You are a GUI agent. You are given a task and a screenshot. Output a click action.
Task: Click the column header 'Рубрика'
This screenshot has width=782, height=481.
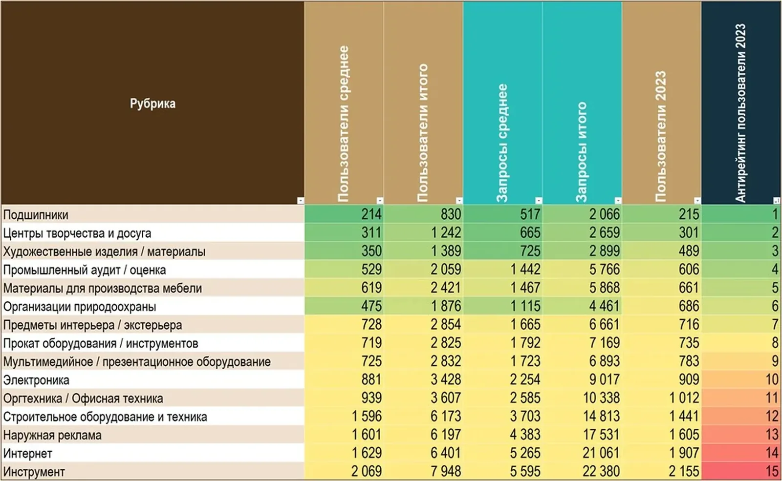(152, 104)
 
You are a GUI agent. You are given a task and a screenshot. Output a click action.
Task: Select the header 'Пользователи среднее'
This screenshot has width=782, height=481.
(344, 124)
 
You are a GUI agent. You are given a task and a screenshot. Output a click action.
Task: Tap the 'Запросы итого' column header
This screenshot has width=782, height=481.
(582, 152)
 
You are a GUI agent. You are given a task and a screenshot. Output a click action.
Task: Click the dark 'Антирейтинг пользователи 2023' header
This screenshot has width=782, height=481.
(740, 113)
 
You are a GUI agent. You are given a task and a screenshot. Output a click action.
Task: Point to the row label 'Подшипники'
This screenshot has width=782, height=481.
(36, 215)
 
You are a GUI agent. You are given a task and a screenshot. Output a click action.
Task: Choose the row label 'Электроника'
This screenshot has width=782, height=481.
(36, 380)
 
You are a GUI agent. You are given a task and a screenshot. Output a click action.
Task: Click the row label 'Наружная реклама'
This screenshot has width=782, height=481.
(52, 435)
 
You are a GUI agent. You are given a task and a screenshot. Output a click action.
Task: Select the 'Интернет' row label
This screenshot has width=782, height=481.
(27, 454)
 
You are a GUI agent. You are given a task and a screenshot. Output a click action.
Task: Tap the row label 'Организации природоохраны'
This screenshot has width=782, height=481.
(80, 307)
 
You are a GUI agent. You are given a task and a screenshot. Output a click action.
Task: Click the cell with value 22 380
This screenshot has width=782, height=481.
(601, 472)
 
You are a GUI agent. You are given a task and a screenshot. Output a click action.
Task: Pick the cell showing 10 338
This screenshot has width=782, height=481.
(601, 398)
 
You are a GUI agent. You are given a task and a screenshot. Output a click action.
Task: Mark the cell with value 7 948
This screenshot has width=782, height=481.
(446, 472)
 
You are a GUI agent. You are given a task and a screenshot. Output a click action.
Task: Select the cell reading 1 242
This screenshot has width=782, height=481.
(446, 232)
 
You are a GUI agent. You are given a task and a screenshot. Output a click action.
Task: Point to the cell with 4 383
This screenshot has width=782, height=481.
(525, 435)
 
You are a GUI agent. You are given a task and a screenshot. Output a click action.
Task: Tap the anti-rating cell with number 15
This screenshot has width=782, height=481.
(772, 472)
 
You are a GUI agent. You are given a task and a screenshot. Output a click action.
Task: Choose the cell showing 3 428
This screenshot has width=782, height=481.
(446, 379)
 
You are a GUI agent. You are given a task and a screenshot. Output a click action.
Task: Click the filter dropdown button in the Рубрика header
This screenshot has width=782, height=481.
(300, 200)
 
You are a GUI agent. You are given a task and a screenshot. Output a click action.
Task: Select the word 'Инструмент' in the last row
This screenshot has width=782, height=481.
(34, 472)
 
